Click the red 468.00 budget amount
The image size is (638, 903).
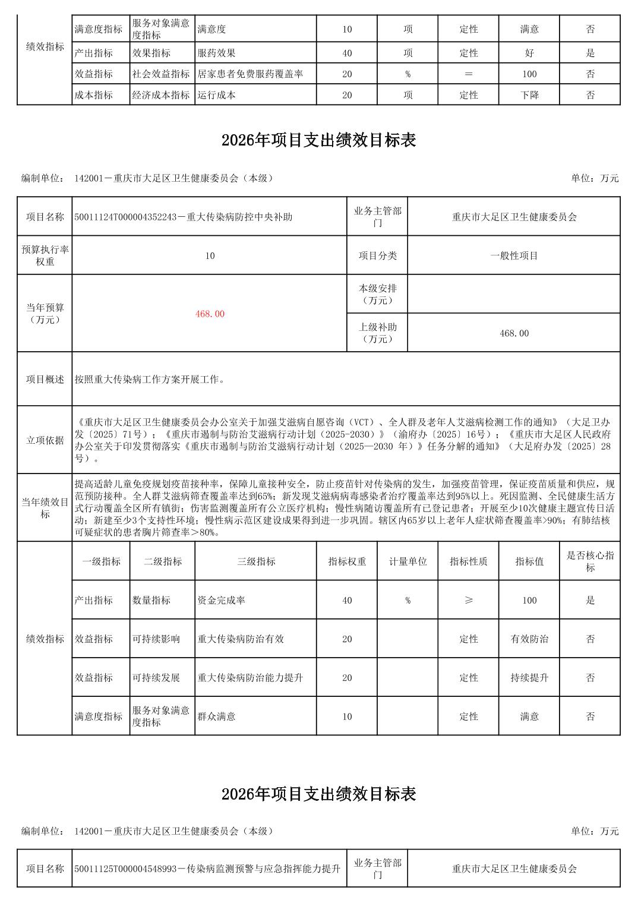pos(210,314)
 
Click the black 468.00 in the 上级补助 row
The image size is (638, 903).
pos(514,333)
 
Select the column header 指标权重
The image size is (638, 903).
pos(347,561)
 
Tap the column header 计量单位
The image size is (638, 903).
pos(408,561)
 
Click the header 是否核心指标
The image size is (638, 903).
pos(590,561)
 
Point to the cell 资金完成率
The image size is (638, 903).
pos(221,600)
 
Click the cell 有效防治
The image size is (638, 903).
pos(529,639)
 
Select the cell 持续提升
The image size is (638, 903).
pos(529,677)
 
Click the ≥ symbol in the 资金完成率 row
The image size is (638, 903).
pos(469,600)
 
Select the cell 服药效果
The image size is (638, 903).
pos(216,53)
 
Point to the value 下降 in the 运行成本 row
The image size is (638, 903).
pos(529,95)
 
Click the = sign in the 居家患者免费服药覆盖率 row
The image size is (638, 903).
pos(469,74)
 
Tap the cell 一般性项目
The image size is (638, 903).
pos(514,256)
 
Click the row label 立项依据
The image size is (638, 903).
pos(45,440)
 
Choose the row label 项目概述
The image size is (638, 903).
pos(45,379)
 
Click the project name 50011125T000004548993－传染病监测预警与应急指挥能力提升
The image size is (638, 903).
pos(207,869)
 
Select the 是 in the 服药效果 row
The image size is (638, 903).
pos(590,53)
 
